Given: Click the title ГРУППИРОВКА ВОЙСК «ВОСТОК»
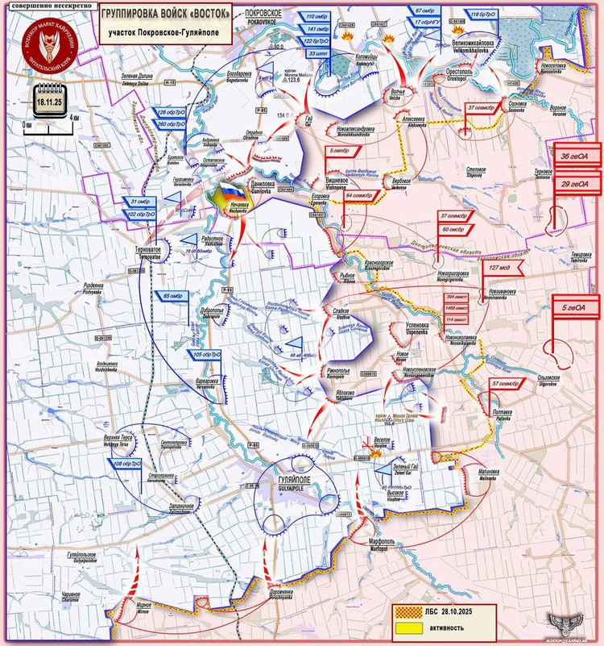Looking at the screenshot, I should point(163,15).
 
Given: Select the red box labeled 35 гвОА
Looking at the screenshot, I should point(574,156).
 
